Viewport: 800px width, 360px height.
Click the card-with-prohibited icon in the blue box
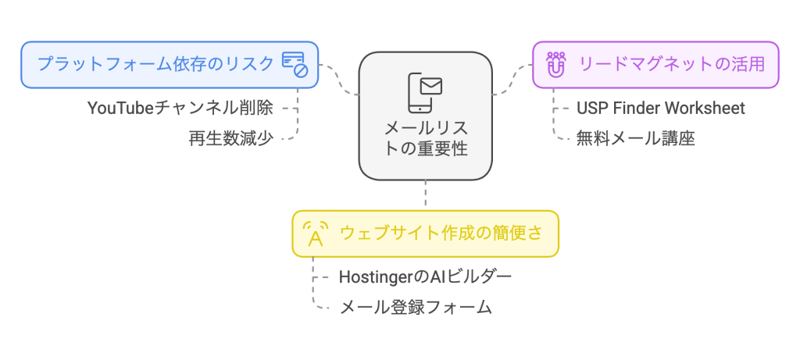[295, 64]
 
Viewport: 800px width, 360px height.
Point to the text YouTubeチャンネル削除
[180, 108]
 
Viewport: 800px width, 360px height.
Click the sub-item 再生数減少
[230, 139]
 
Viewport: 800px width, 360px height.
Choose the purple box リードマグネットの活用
[655, 64]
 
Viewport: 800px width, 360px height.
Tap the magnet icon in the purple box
[555, 65]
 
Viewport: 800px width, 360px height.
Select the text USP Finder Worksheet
[660, 108]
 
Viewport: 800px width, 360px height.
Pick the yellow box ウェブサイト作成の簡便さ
[426, 233]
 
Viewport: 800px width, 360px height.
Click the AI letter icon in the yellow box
[315, 233]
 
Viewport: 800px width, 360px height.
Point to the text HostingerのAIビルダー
[426, 276]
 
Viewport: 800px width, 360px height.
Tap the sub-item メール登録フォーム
[416, 308]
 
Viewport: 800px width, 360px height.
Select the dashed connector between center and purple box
[512, 80]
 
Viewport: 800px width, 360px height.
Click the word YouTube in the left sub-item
[121, 108]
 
